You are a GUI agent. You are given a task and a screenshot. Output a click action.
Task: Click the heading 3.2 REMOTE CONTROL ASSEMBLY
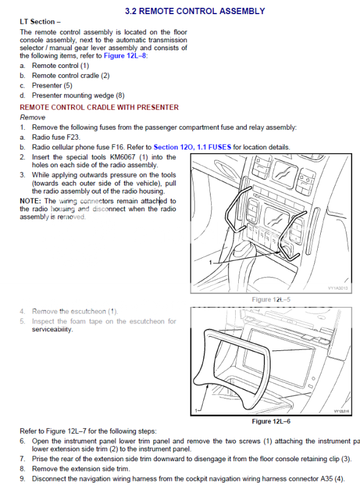pyautogui.click(x=195, y=11)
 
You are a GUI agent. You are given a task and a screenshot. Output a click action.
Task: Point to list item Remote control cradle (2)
pyautogui.click(x=70, y=75)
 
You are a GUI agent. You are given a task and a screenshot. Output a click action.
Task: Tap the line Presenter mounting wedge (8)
pyautogui.click(x=78, y=96)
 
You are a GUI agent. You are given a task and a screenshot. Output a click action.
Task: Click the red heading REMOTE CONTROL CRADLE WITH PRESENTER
pyautogui.click(x=99, y=107)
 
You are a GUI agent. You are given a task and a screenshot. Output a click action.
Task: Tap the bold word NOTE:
pyautogui.click(x=31, y=201)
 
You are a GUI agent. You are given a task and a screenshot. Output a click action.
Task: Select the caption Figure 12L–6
pyautogui.click(x=271, y=421)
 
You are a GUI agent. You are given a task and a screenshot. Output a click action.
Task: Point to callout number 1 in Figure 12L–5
pyautogui.click(x=211, y=262)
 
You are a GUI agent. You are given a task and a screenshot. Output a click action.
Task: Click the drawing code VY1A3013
pyautogui.click(x=336, y=288)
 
